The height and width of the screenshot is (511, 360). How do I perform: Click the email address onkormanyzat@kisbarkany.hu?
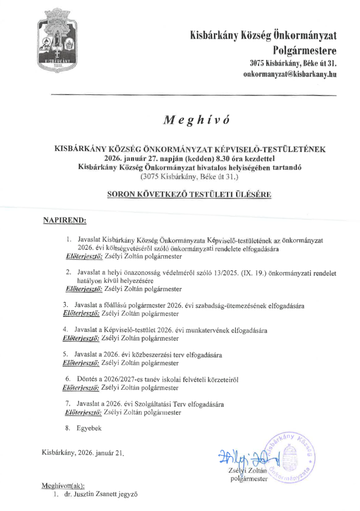(x=290, y=74)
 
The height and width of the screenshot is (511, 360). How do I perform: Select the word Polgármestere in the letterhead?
(x=305, y=51)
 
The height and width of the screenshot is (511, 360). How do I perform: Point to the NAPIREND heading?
(x=65, y=220)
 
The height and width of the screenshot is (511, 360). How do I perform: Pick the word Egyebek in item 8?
(x=89, y=428)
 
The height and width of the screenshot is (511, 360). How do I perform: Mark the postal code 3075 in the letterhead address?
(x=257, y=64)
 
